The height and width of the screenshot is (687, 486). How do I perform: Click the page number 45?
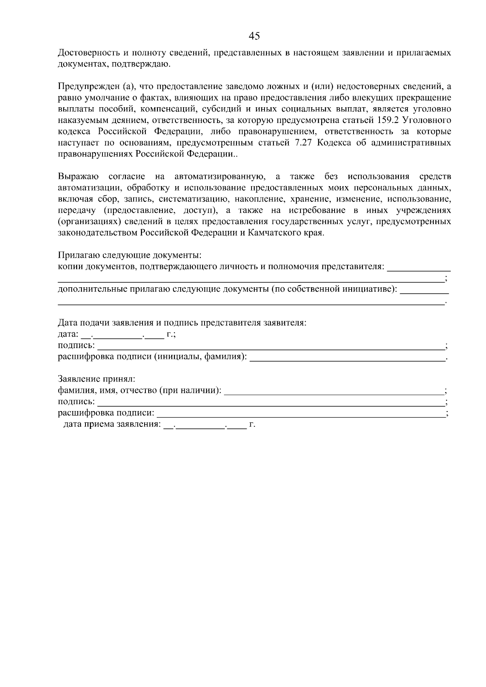point(254,36)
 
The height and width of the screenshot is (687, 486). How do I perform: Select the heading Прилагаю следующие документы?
point(130,255)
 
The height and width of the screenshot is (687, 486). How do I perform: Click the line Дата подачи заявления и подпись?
point(182,323)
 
